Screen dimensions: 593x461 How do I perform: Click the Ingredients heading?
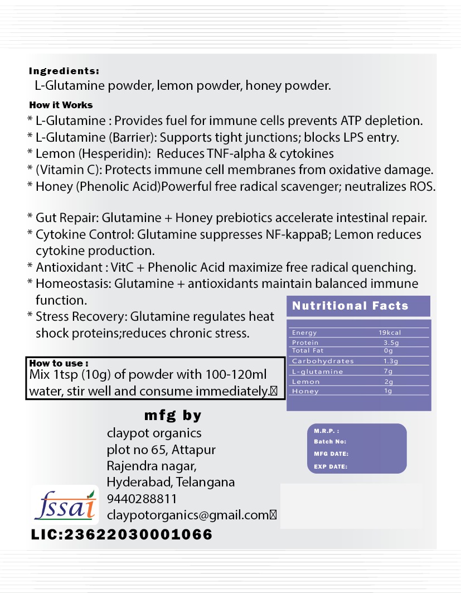(64, 71)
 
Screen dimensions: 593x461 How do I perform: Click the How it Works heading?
(61, 105)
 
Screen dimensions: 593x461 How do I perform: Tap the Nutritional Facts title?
(350, 306)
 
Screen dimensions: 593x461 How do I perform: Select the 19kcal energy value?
(390, 332)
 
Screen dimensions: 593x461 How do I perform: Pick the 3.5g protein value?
(391, 342)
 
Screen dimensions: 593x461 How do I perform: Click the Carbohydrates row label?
(315, 361)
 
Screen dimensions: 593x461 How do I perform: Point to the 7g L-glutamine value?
(389, 371)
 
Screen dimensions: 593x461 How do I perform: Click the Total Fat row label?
(308, 351)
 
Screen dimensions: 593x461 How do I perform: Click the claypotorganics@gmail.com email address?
(188, 515)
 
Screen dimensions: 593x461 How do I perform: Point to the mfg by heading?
(173, 416)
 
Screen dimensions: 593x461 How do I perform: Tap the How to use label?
(59, 363)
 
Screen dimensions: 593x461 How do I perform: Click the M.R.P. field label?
(327, 431)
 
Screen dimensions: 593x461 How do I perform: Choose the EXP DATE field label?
(331, 466)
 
